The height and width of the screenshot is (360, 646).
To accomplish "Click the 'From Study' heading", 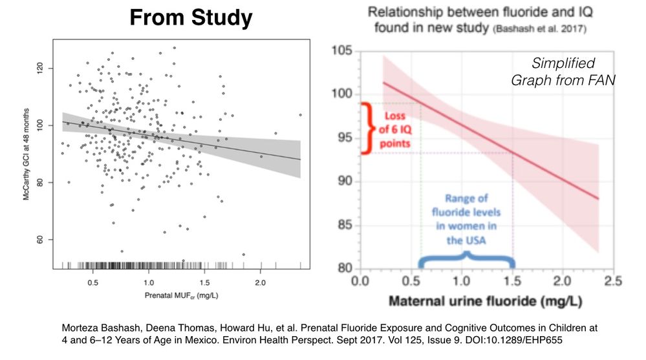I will point(191,18).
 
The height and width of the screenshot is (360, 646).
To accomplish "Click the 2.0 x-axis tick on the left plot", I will point(259,282).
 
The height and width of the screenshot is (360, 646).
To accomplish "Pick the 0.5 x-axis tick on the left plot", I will point(92,282).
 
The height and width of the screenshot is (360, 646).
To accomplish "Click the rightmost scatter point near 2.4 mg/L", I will point(300,115).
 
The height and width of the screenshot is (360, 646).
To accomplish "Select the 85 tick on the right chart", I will point(345,226).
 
